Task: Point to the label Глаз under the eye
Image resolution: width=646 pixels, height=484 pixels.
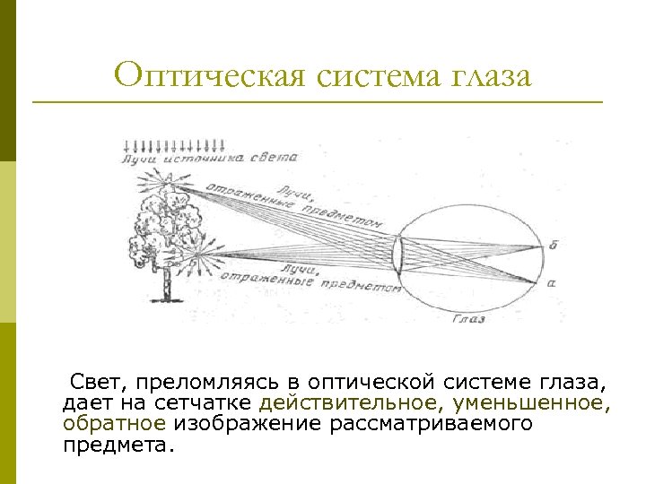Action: click(x=468, y=318)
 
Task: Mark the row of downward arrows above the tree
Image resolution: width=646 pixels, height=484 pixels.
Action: click(x=176, y=143)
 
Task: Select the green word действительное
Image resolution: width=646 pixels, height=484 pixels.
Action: click(x=352, y=404)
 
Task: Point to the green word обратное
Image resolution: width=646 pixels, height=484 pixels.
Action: click(x=114, y=424)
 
